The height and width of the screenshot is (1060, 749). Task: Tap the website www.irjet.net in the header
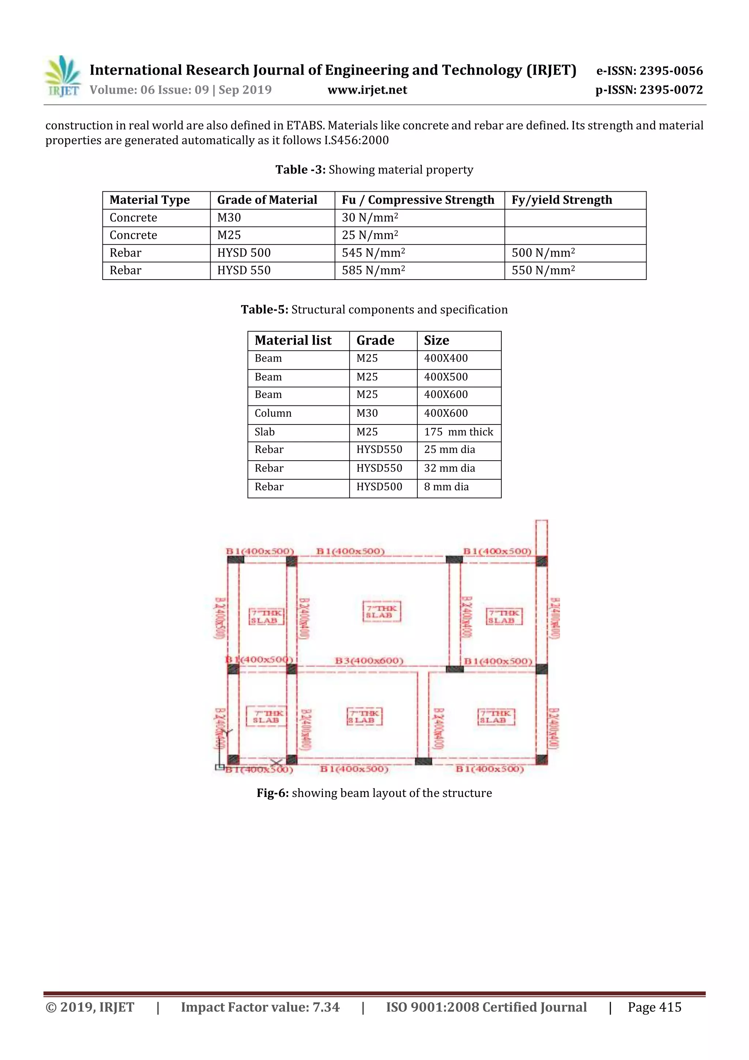tap(367, 90)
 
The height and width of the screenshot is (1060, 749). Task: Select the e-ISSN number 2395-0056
tap(649, 71)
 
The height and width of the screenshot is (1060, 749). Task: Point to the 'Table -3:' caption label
tap(300, 170)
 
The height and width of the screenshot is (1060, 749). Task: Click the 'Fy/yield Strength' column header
tap(562, 200)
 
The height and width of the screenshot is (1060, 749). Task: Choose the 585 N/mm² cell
tap(373, 270)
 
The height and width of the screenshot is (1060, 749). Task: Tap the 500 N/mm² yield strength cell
tap(543, 253)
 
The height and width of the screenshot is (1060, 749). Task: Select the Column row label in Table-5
tap(273, 413)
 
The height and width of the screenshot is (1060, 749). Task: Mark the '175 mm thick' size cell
tap(458, 432)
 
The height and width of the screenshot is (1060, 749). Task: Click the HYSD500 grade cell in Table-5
tap(379, 487)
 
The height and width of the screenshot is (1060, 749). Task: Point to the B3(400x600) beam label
tap(369, 661)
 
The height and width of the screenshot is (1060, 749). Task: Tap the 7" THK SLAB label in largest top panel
tap(382, 612)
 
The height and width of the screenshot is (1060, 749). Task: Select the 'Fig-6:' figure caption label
tap(273, 793)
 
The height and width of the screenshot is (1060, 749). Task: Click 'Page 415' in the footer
tap(654, 1007)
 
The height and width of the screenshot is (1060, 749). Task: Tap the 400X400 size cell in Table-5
tap(446, 358)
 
